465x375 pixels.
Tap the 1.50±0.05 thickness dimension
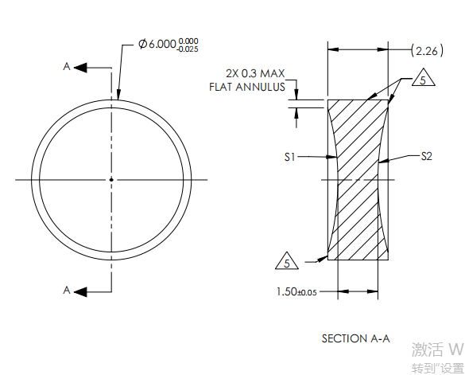point(296,292)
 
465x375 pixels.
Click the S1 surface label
point(291,158)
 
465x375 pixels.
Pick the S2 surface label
point(426,156)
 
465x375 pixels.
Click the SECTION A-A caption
point(355,338)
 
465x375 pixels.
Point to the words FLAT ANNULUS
point(246,86)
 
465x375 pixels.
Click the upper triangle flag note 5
point(424,80)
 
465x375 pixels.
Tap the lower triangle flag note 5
point(286,261)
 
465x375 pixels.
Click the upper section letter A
point(67,68)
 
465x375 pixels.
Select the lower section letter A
point(67,291)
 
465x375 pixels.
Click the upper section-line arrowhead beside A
point(80,68)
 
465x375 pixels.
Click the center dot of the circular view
point(111,180)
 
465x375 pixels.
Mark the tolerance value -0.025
point(188,49)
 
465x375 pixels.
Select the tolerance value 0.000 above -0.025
point(188,41)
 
